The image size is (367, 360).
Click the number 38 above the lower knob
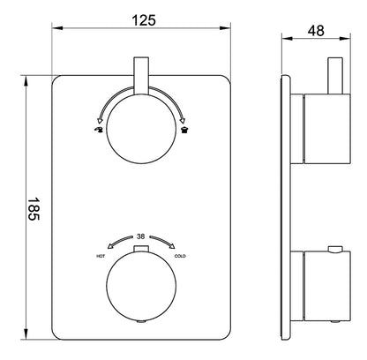click(141, 236)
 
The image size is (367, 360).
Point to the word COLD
click(180, 257)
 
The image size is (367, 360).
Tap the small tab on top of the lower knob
click(141, 253)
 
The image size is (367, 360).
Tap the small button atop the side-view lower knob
click(336, 250)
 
